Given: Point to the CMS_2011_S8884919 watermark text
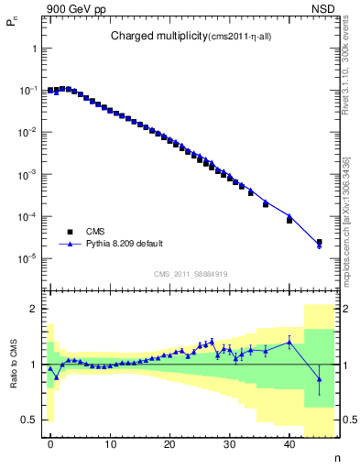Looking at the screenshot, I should [x=191, y=273].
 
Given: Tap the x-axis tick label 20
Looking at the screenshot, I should [x=169, y=444].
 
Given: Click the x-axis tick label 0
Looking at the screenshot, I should [x=50, y=444].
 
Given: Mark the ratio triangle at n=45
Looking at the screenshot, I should [x=319, y=379].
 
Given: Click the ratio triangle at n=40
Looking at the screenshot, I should [x=289, y=342].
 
